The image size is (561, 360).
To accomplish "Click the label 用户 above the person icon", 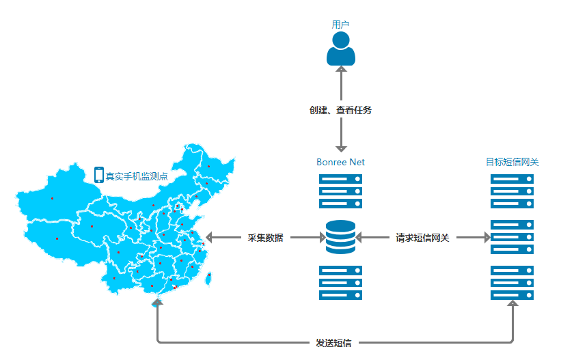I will [x=340, y=24].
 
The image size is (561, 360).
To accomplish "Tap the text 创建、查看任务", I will [x=340, y=109].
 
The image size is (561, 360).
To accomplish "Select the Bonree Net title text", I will [x=340, y=163].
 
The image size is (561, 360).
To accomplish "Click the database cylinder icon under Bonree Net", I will [x=340, y=236].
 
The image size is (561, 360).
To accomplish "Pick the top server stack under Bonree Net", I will [x=340, y=191].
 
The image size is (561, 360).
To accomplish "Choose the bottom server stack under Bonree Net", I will [x=340, y=283].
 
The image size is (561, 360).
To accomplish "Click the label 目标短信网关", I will [x=512, y=163].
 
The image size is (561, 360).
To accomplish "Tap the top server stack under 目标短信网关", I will [x=512, y=191].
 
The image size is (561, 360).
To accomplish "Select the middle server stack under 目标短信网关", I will [x=512, y=236].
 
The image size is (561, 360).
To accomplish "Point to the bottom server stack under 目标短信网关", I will [x=512, y=283].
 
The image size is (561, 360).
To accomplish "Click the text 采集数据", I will [x=265, y=238].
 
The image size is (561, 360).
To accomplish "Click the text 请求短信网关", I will [x=422, y=238].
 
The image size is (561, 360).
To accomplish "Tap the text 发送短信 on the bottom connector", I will [x=333, y=342].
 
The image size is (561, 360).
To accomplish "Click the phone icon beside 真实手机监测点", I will [x=99, y=175].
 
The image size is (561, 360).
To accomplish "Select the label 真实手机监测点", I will [x=136, y=176].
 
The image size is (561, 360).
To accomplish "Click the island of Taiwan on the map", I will [x=210, y=277].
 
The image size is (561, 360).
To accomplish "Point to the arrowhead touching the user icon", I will [x=340, y=68].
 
